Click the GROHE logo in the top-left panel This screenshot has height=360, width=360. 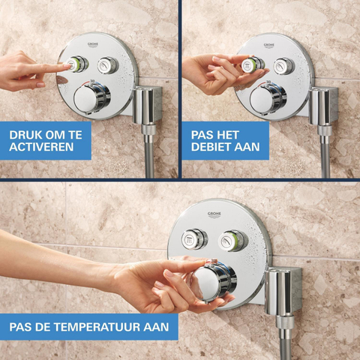tap(93, 45)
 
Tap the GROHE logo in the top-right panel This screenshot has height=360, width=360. tap(269, 46)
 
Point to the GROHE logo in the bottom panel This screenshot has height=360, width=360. tap(214, 215)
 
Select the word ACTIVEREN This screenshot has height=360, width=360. tap(41, 147)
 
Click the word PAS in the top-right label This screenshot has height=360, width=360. tap(202, 135)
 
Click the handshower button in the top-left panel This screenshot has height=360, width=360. tap(107, 65)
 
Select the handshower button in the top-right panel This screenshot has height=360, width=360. tap(283, 66)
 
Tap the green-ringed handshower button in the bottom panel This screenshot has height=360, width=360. tap(233, 241)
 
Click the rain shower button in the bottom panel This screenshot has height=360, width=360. tap(194, 239)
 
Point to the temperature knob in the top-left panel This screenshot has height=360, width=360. tap(92, 97)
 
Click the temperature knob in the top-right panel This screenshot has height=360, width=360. tap(268, 98)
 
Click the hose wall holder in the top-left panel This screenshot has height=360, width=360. tap(147, 104)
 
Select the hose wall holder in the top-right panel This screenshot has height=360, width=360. tap(323, 106)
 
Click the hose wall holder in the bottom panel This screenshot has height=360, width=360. tap(283, 290)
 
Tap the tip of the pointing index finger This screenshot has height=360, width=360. tap(69, 65)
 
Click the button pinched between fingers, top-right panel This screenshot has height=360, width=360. tap(253, 65)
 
